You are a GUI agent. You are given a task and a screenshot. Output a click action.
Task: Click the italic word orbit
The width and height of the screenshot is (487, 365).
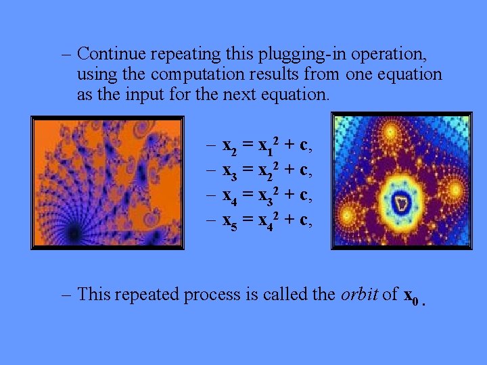360,294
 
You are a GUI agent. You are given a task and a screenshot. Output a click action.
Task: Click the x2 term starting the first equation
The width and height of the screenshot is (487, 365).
229,146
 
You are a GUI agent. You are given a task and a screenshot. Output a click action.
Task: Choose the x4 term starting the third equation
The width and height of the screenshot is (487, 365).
229,195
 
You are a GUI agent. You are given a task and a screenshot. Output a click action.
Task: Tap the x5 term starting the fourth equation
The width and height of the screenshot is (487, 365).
229,220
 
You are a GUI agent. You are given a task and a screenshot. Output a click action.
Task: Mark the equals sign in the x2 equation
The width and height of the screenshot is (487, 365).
248,145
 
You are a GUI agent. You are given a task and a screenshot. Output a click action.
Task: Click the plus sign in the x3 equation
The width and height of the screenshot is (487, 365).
287,169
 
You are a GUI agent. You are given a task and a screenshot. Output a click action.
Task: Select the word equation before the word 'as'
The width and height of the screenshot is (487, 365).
409,74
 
